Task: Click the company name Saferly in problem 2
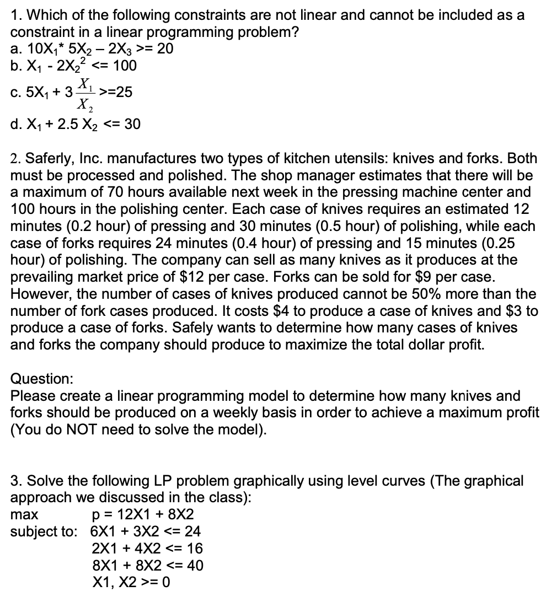43,159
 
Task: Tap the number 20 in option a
165,49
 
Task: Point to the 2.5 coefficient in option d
63,125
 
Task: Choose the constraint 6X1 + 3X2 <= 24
146,531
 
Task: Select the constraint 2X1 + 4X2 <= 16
147,549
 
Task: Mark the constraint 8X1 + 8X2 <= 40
147,565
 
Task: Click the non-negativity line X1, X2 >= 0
131,582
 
